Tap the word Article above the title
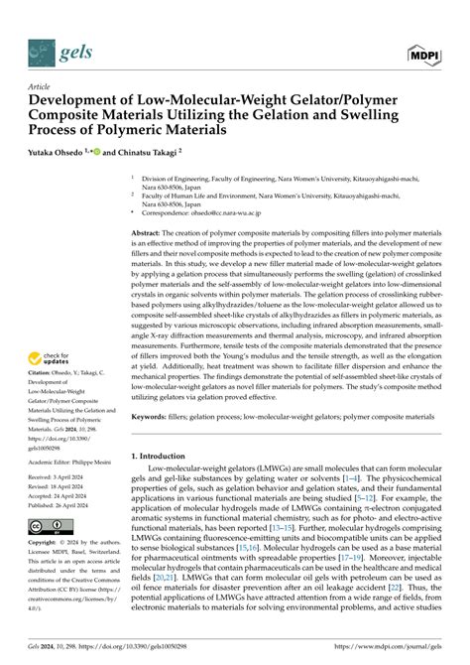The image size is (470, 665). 43,87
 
